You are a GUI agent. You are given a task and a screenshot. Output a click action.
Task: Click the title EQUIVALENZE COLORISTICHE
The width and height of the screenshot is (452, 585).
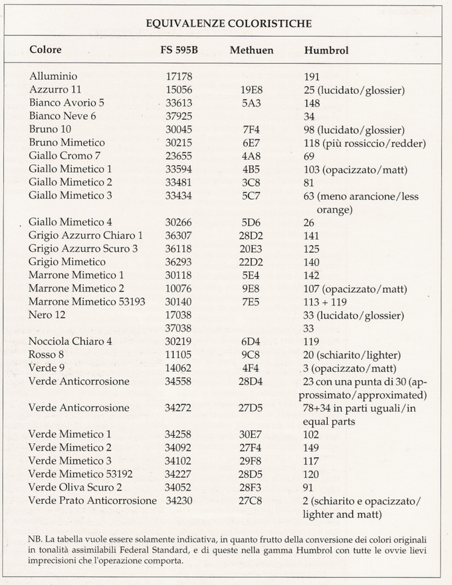(229, 24)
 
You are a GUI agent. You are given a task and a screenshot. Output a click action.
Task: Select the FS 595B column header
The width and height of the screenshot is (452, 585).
(178, 50)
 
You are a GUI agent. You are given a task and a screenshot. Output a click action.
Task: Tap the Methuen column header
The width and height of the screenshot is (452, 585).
(251, 50)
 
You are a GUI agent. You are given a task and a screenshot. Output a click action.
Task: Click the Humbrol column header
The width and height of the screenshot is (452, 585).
(326, 50)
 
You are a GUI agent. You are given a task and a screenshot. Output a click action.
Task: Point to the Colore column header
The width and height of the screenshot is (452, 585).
(45, 50)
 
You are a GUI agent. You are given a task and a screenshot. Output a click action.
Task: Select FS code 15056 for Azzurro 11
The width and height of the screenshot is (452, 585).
(178, 90)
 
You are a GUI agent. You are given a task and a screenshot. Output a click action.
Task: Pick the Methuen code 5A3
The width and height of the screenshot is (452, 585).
(251, 103)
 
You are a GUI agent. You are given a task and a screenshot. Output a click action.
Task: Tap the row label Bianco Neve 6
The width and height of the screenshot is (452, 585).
(62, 116)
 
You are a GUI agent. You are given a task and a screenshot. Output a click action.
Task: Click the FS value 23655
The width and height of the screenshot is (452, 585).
(178, 156)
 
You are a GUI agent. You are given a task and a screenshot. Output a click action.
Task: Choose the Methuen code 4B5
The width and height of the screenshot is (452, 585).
(251, 169)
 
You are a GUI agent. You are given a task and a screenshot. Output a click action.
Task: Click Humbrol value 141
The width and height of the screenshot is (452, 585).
(311, 235)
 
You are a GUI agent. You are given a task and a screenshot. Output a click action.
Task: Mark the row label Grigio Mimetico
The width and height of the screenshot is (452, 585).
(67, 262)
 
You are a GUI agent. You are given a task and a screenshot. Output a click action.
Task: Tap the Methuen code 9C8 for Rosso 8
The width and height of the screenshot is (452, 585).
(251, 354)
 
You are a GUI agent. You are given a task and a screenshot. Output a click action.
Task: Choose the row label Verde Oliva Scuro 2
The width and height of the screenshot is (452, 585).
(75, 487)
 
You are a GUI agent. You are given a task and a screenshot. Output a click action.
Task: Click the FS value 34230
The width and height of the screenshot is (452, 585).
(178, 500)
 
